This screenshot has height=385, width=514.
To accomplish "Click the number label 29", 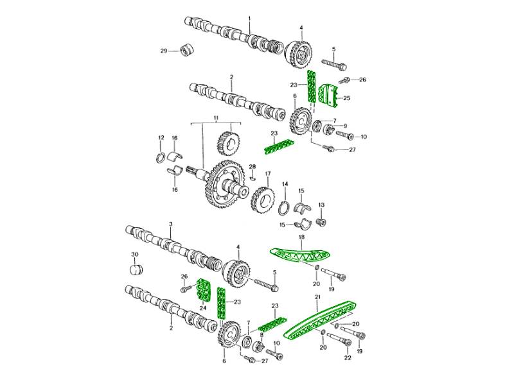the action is pyautogui.click(x=164, y=51).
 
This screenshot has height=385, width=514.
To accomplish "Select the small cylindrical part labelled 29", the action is pyautogui.click(x=187, y=50).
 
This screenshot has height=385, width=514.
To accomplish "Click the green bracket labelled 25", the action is pyautogui.click(x=329, y=95).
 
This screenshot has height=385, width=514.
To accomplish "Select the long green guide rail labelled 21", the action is pyautogui.click(x=320, y=321).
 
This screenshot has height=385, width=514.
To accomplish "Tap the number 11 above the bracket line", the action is pyautogui.click(x=216, y=117).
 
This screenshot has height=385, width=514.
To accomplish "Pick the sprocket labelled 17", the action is pyautogui.click(x=263, y=200).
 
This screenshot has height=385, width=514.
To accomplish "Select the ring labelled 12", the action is pyautogui.click(x=161, y=158).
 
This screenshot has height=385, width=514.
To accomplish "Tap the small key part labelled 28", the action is pyautogui.click(x=252, y=178).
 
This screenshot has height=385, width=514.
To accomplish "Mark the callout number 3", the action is pyautogui.click(x=170, y=224).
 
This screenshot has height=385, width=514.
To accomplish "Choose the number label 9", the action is pyautogui.click(x=345, y=126).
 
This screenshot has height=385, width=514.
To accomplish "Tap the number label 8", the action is pyautogui.click(x=261, y=335).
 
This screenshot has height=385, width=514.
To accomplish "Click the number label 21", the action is pyautogui.click(x=317, y=297).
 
